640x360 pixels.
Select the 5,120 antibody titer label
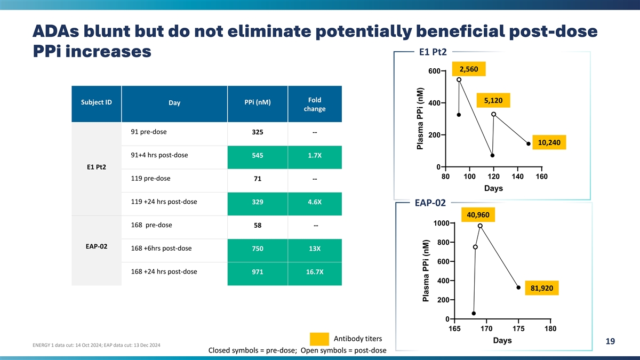point(493,100)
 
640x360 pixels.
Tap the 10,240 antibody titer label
point(549,142)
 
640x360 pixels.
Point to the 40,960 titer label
point(478,215)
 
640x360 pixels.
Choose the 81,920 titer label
point(542,288)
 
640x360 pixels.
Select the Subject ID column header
point(97,102)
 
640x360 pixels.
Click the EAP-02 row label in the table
point(97,247)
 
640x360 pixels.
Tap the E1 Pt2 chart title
point(433,52)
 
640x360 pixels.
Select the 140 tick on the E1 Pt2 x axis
point(517,177)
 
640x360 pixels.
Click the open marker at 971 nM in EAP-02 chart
point(480,226)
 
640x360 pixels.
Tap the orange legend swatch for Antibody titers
point(319,339)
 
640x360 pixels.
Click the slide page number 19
point(610,342)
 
